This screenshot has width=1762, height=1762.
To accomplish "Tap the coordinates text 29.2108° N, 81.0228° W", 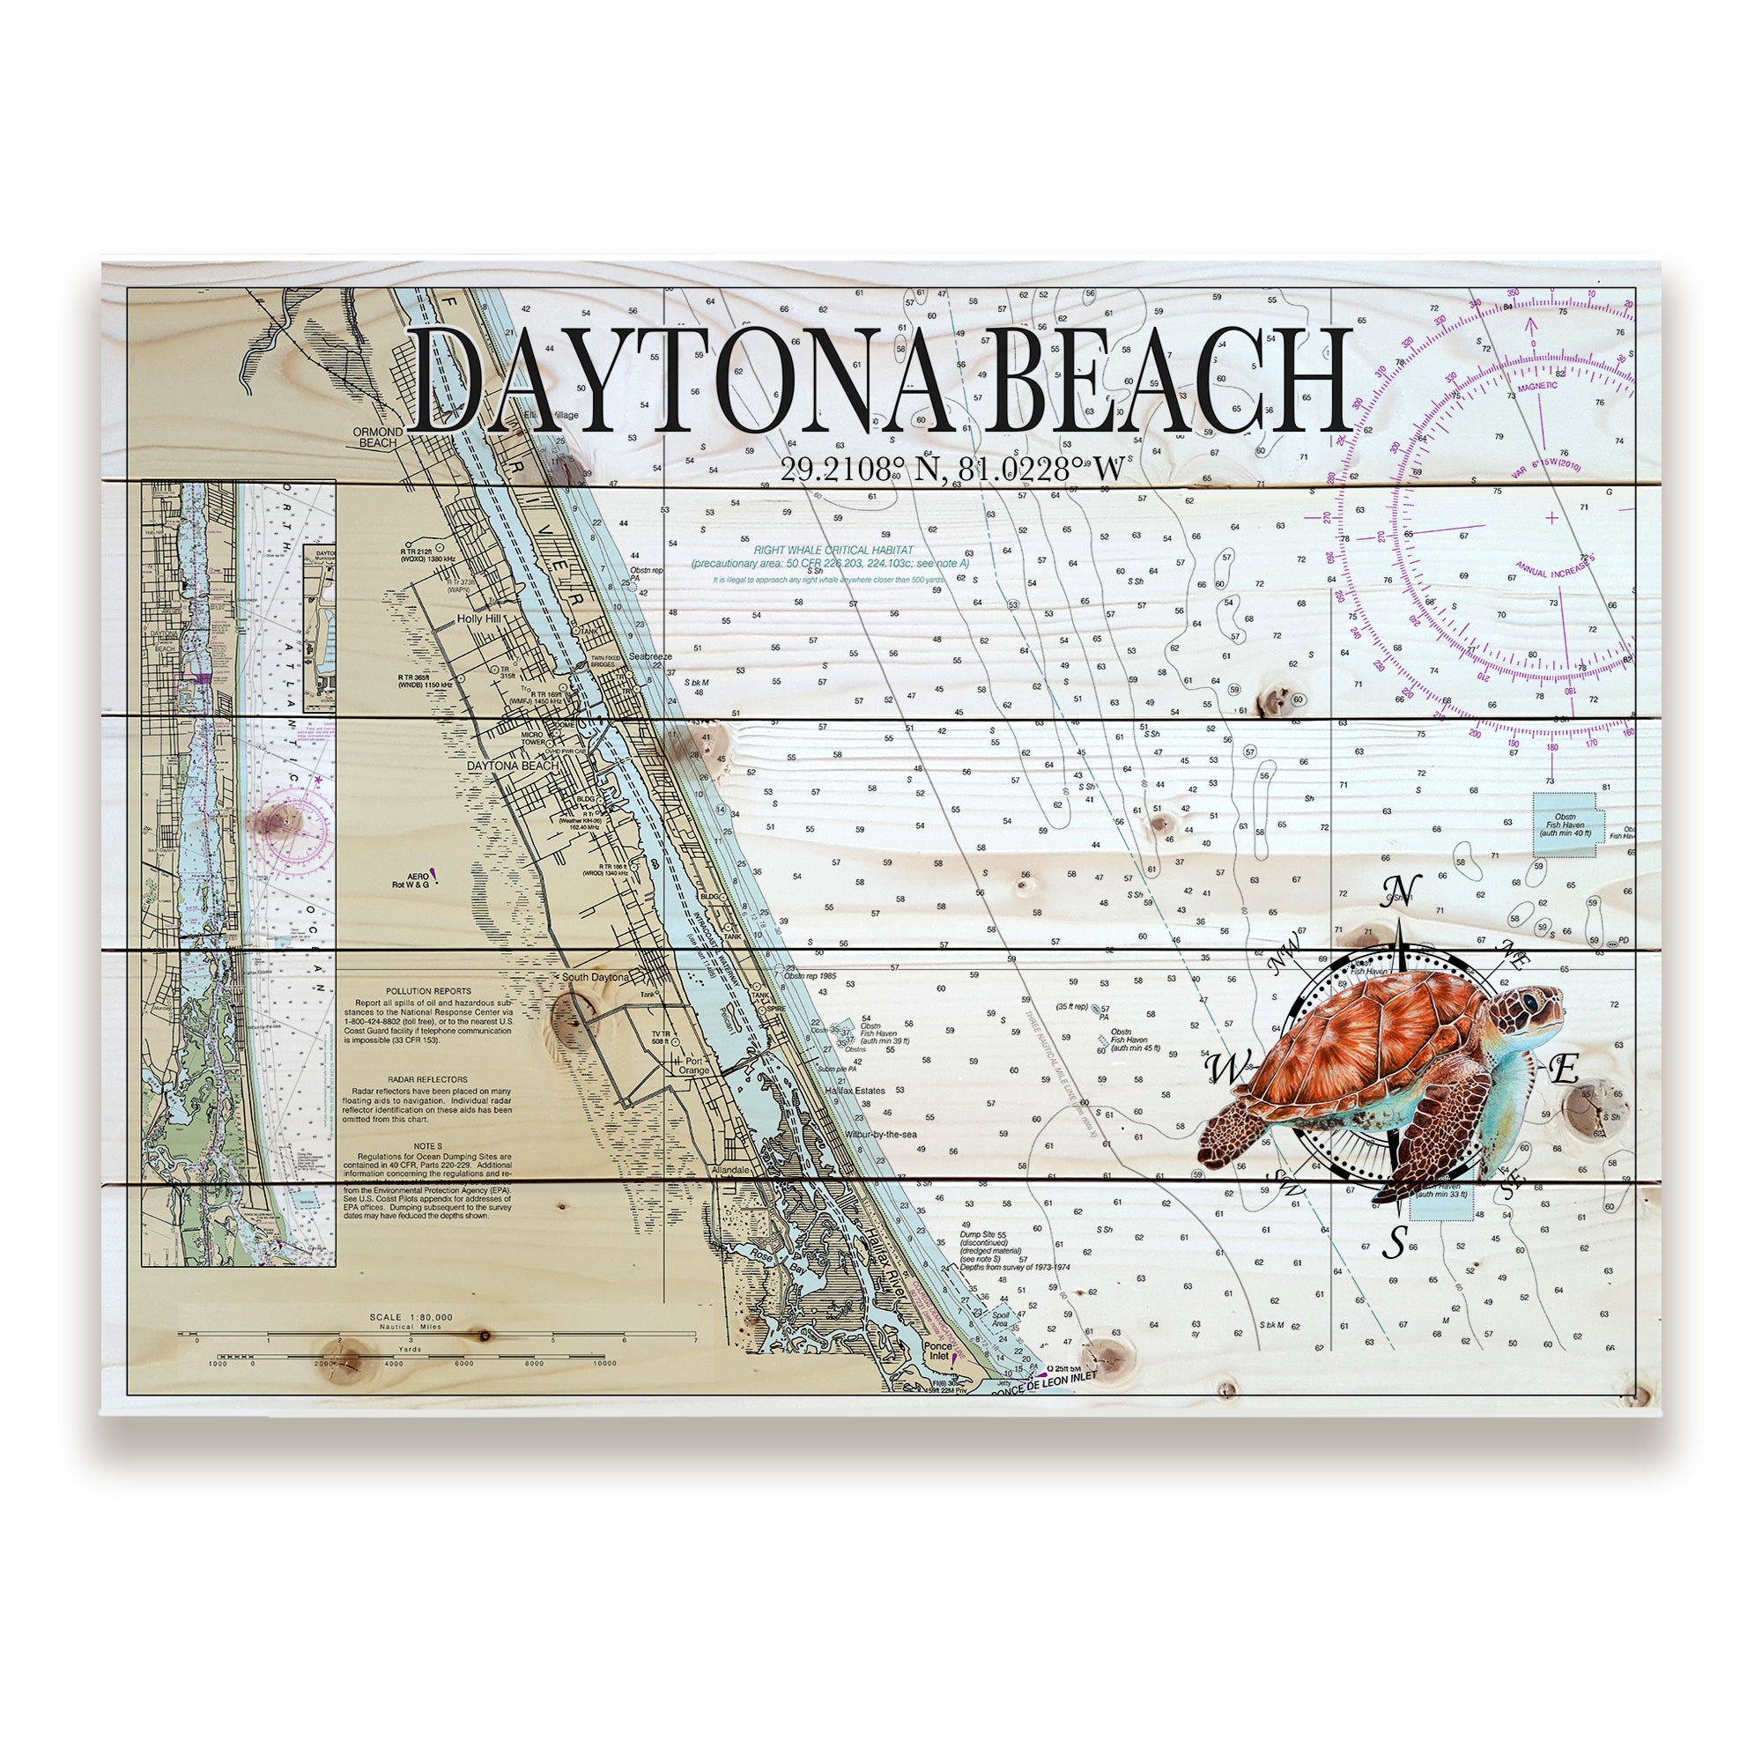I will click(951, 470).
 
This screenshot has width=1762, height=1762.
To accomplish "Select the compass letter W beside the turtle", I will click(1222, 1064).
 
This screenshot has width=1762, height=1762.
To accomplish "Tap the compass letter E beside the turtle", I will click(1563, 1069).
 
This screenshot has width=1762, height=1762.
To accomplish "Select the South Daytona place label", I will click(595, 978).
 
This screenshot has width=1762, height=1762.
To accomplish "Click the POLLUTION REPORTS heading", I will click(428, 990).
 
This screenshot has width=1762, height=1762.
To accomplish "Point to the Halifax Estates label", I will click(855, 1091).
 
